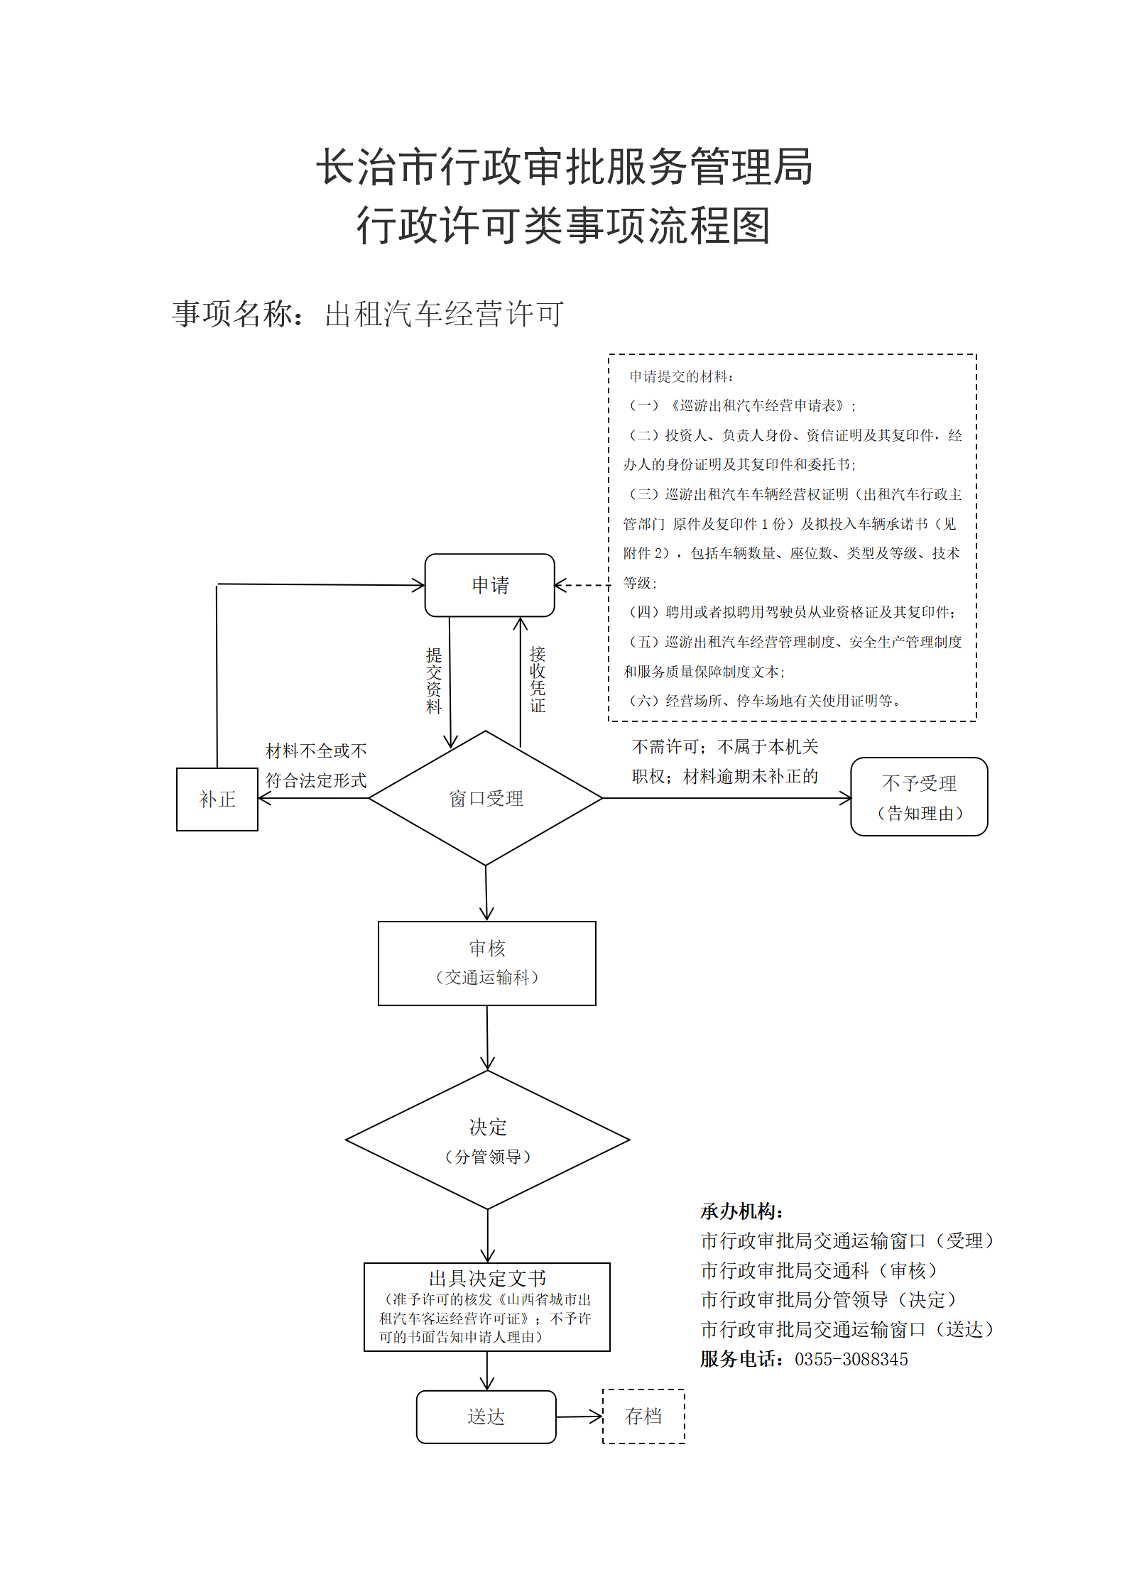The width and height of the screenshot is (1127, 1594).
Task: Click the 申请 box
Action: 489,585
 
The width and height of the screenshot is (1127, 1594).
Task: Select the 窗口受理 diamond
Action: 486,798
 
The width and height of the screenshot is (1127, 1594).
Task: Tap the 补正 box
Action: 217,799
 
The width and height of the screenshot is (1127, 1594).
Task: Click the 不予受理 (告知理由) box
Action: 919,797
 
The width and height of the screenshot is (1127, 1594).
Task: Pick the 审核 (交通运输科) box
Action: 487,964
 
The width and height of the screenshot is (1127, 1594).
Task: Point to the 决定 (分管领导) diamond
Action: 488,1140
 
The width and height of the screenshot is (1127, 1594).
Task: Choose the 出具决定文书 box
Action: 487,1307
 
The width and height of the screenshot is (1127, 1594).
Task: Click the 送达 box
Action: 486,1417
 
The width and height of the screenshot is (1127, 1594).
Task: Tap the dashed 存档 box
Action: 643,1416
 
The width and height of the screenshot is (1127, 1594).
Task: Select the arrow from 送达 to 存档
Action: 579,1417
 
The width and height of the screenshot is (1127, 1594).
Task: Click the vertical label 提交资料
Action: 433,680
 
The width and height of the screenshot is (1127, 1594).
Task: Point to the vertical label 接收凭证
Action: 538,679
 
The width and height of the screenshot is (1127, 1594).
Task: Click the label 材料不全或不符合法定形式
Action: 316,765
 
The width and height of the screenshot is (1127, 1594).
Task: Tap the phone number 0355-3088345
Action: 851,1359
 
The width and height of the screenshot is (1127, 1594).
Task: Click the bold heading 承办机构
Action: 741,1211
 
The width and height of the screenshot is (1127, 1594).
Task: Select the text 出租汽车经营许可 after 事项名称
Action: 445,314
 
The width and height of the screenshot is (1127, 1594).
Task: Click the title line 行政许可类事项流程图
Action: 564,226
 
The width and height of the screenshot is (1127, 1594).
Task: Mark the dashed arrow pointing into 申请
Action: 582,585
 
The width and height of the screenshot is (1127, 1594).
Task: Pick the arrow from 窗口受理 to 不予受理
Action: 727,798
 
